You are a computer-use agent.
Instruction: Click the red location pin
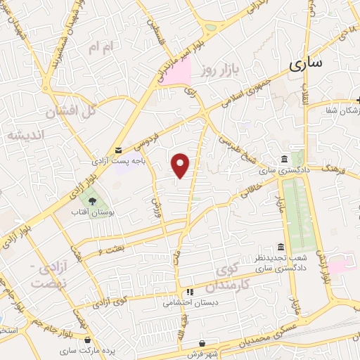(x=181, y=165)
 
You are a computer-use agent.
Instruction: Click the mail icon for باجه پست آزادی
(x=117, y=150)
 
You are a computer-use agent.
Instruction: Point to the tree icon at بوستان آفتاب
(x=93, y=202)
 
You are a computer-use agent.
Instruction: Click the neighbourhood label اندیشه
(x=25, y=135)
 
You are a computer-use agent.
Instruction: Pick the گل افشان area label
(x=70, y=111)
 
